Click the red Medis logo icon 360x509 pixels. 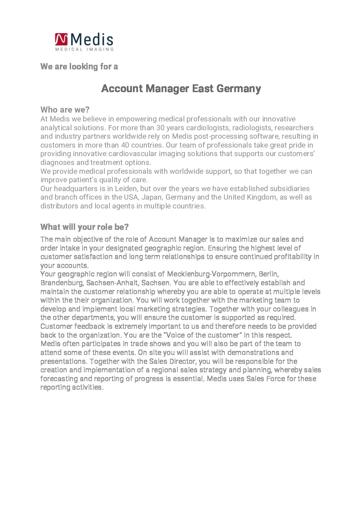click(x=61, y=39)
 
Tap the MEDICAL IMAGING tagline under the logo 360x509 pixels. click(x=84, y=49)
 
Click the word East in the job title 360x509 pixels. click(x=203, y=88)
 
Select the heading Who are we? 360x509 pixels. click(x=65, y=109)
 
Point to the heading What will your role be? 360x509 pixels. click(x=84, y=227)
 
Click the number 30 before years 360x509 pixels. click(x=160, y=128)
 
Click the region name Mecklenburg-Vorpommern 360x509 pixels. click(x=211, y=274)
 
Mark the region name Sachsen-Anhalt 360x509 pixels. click(x=112, y=283)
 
